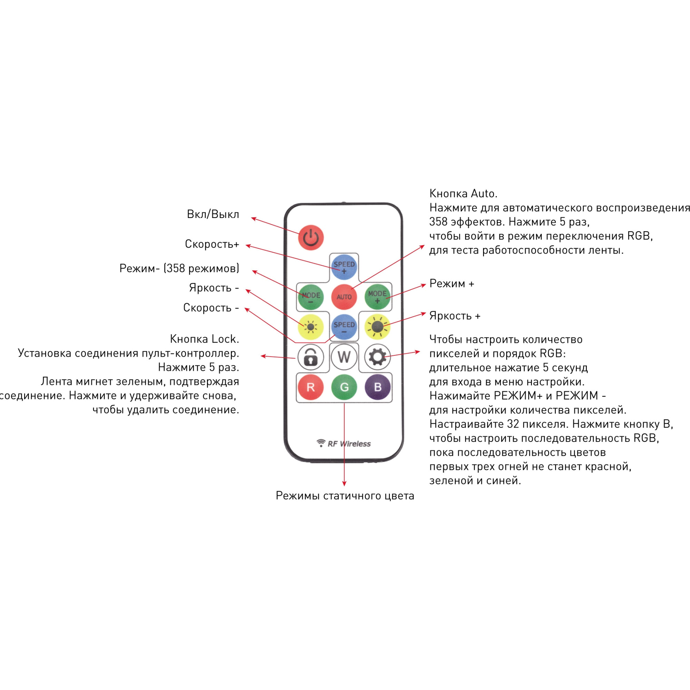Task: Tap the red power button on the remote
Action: (x=311, y=237)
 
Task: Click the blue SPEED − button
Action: (x=344, y=327)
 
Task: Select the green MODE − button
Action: (x=311, y=297)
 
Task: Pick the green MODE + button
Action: (x=377, y=296)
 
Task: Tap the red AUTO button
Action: (x=344, y=297)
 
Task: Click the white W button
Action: (x=344, y=357)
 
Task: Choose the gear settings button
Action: (x=377, y=357)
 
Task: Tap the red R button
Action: (x=311, y=387)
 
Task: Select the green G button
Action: (x=344, y=387)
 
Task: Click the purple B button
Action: (x=377, y=387)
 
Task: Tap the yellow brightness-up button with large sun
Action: (x=377, y=327)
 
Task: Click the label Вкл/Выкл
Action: (x=213, y=214)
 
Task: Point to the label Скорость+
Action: (x=212, y=244)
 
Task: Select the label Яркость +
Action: (x=455, y=316)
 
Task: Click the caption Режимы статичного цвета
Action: (x=345, y=496)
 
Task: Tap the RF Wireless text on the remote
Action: (x=348, y=444)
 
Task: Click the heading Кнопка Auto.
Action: (x=463, y=194)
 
